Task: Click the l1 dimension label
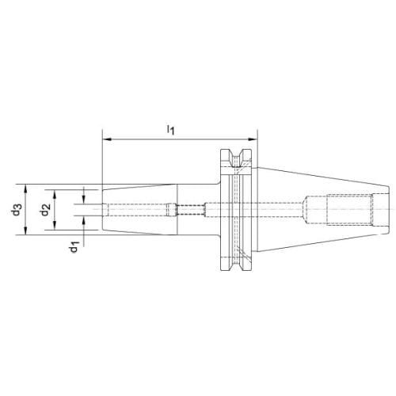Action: click(171, 130)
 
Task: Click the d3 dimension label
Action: click(17, 209)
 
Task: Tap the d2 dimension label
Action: click(46, 210)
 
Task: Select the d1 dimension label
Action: click(74, 246)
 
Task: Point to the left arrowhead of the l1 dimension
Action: click(107, 139)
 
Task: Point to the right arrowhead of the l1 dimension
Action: click(252, 139)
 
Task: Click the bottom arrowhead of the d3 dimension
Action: click(25, 230)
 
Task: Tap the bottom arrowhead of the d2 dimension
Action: click(55, 225)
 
